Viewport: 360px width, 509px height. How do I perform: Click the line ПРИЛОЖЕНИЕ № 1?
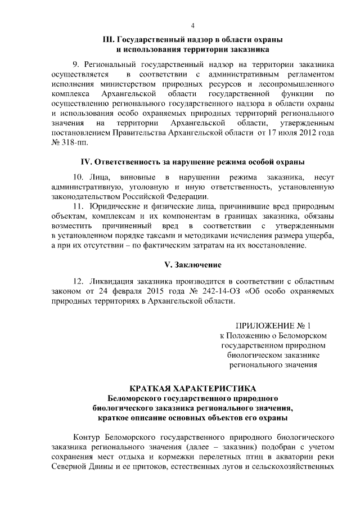[x=272, y=325]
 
